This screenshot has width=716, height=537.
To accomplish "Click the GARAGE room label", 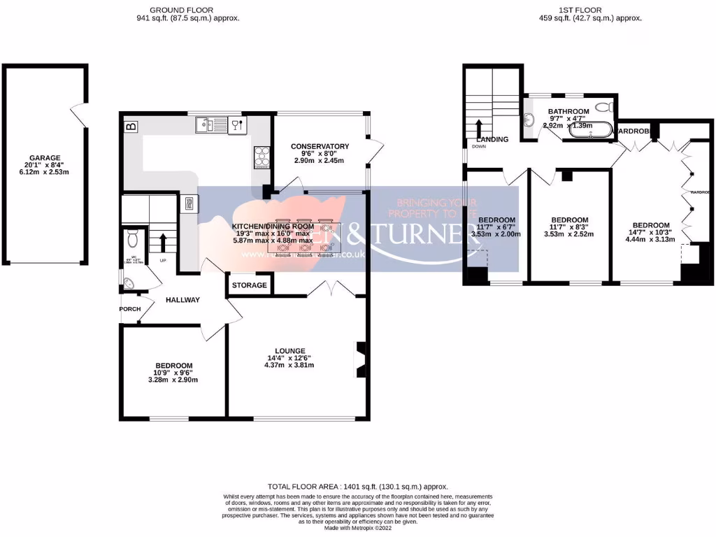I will (x=44, y=158).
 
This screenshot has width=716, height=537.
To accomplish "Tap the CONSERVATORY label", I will (x=320, y=146).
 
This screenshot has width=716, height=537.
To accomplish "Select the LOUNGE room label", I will (x=289, y=351).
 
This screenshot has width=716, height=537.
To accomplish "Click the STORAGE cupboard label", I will (x=250, y=285).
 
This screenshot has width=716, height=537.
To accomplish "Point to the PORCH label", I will (x=130, y=309).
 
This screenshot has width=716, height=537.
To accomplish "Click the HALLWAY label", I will (x=183, y=300).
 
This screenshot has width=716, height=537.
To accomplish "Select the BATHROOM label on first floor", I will (x=568, y=111).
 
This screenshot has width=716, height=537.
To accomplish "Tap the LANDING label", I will (x=492, y=139).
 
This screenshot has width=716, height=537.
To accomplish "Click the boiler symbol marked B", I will (x=131, y=127).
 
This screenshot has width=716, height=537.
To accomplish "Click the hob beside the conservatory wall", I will (x=262, y=157).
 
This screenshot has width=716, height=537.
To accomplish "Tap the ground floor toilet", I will (x=132, y=241).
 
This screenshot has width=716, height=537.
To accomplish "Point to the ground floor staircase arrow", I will (x=163, y=242).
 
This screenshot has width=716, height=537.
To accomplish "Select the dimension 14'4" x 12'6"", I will (x=289, y=358).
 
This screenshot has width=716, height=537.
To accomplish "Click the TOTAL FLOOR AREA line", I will (x=357, y=486).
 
